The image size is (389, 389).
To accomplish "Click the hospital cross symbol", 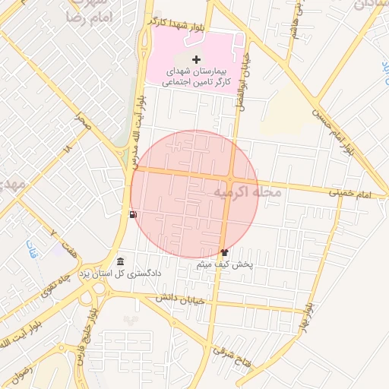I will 197,59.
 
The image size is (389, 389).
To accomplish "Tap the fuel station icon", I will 134,215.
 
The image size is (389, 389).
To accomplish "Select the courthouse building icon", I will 121,262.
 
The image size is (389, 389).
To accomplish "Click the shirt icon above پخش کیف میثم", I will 224,251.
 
